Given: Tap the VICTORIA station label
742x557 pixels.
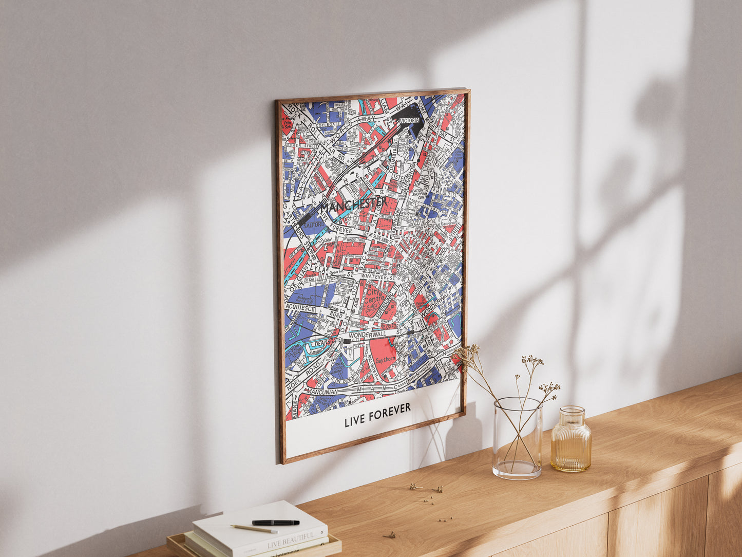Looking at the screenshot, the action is tap(409, 121).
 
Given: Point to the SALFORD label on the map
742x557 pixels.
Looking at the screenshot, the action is tap(314, 225).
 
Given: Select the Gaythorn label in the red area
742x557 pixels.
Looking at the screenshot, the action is tap(385, 360).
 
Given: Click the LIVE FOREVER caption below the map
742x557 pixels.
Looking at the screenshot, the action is tap(377, 415).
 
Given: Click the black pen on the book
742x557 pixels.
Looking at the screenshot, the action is tap(275, 523).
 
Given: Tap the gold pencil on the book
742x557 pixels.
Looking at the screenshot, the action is tap(254, 528).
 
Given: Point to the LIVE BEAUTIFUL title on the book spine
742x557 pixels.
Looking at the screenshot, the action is tap(291, 540).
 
